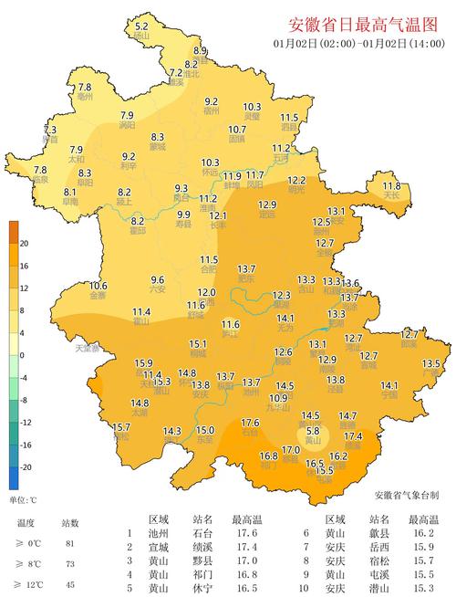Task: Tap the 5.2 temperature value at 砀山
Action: click(141, 27)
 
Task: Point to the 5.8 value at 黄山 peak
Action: click(313, 431)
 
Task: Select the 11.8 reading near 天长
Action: click(393, 185)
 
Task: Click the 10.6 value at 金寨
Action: click(98, 286)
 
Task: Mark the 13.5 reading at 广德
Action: click(430, 363)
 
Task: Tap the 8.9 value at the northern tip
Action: click(201, 50)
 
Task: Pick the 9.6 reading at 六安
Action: click(157, 279)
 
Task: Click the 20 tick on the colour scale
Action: click(24, 243)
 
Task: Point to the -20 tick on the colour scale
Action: click(26, 466)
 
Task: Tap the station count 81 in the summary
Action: click(71, 543)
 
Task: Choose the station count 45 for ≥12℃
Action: click(71, 583)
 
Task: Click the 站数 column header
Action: click(70, 523)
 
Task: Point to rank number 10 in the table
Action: click(308, 588)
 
